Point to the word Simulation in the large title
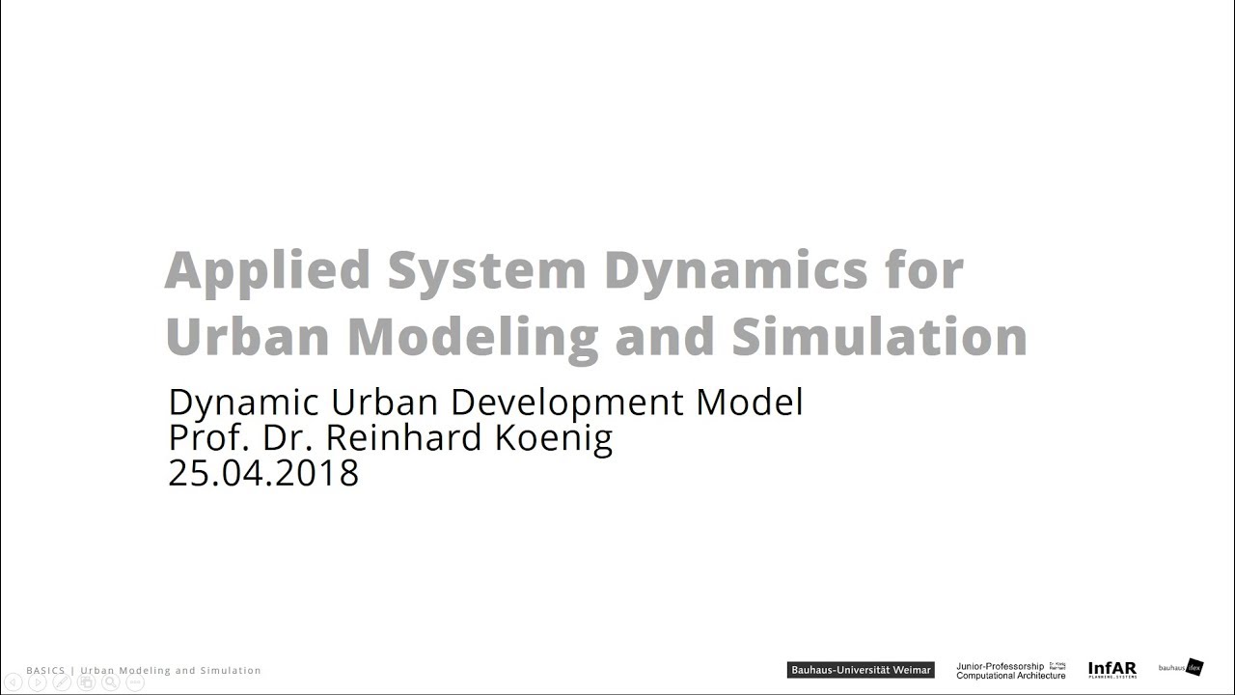click(879, 336)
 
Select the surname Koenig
click(554, 437)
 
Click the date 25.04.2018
click(263, 473)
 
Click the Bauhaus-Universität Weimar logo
click(861, 670)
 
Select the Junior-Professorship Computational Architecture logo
click(1010, 670)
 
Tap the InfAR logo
click(1111, 669)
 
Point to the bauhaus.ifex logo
click(1181, 667)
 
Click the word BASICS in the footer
click(45, 670)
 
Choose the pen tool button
click(62, 682)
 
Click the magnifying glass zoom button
click(111, 682)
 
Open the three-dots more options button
click(135, 682)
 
